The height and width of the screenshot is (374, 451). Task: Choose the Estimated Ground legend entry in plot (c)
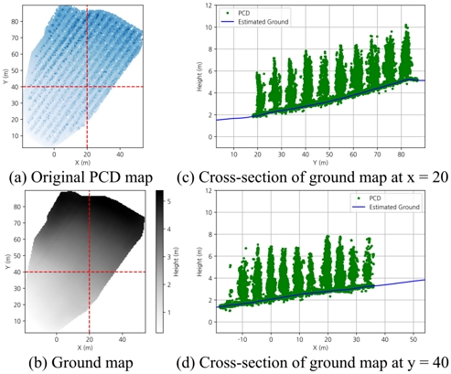tap(257, 20)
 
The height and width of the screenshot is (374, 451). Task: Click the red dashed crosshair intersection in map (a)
tap(88, 87)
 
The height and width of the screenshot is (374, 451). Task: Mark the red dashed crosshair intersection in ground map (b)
tap(89, 272)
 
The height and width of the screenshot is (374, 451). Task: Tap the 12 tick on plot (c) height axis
tap(209, 5)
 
